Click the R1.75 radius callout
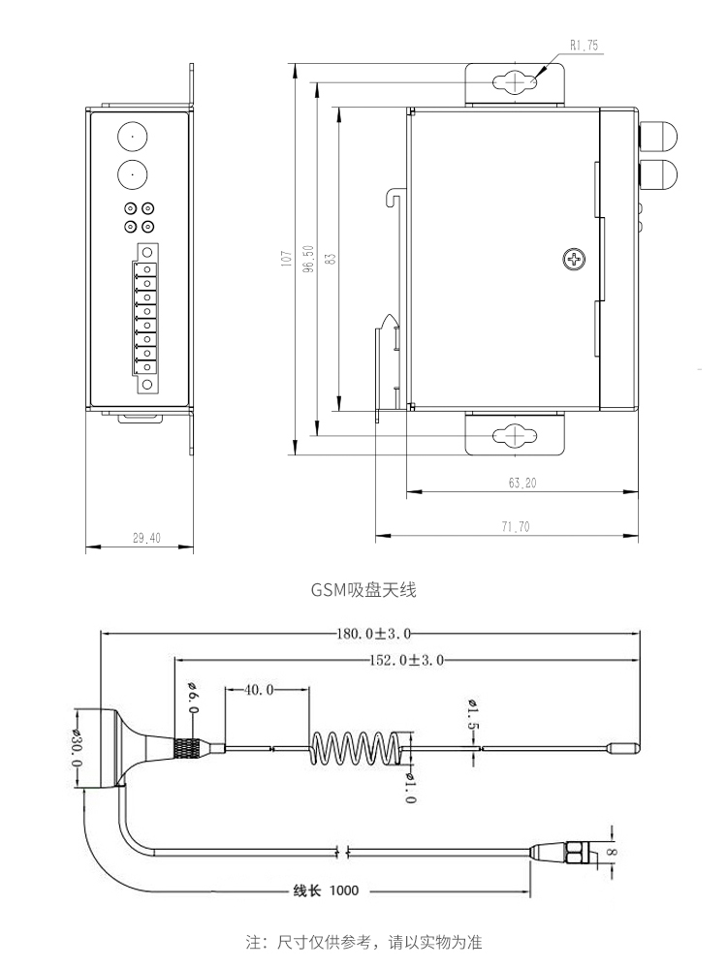(x=585, y=45)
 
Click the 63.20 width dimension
(x=522, y=482)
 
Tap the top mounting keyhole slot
(x=514, y=84)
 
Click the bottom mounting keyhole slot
(x=514, y=436)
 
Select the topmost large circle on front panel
(x=133, y=137)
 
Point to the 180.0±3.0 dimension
(x=374, y=633)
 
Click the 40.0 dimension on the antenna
(x=256, y=690)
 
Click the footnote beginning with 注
(x=364, y=941)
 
